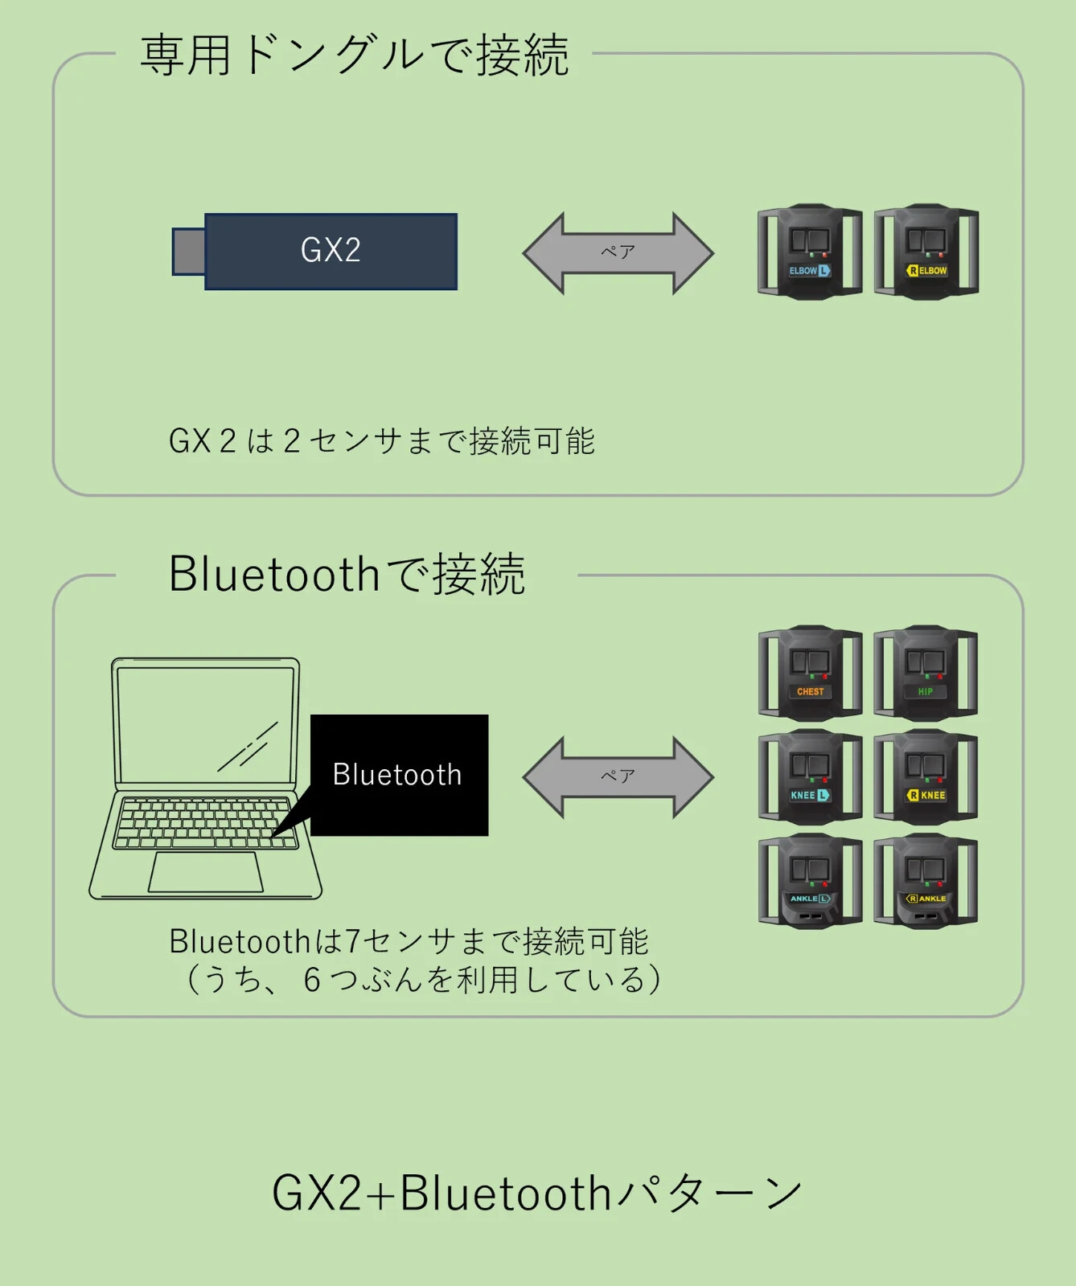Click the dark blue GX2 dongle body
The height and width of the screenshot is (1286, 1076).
point(331,252)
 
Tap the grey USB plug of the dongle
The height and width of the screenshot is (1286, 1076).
point(189,252)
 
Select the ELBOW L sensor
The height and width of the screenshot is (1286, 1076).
point(810,252)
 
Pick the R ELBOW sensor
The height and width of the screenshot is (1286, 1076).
point(926,252)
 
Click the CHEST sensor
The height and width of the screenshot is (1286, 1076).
point(810,673)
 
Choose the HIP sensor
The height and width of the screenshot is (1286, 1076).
point(926,673)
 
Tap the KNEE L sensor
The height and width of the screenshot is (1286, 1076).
point(810,776)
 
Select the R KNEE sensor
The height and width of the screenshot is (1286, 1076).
point(926,776)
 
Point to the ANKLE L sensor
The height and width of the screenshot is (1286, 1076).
point(810,881)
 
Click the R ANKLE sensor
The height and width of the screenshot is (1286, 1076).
point(926,881)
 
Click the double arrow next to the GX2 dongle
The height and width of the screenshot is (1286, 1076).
point(618,253)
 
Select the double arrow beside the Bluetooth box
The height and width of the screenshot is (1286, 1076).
point(618,777)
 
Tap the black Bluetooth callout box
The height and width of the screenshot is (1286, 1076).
point(399,775)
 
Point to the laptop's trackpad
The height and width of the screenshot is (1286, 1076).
point(206,872)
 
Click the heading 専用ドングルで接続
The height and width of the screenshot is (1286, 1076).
point(355,55)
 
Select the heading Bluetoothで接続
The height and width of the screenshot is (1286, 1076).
point(347,574)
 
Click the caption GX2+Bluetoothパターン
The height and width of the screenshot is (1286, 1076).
point(537,1192)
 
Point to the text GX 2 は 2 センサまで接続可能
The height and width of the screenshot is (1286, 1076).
point(381,440)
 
